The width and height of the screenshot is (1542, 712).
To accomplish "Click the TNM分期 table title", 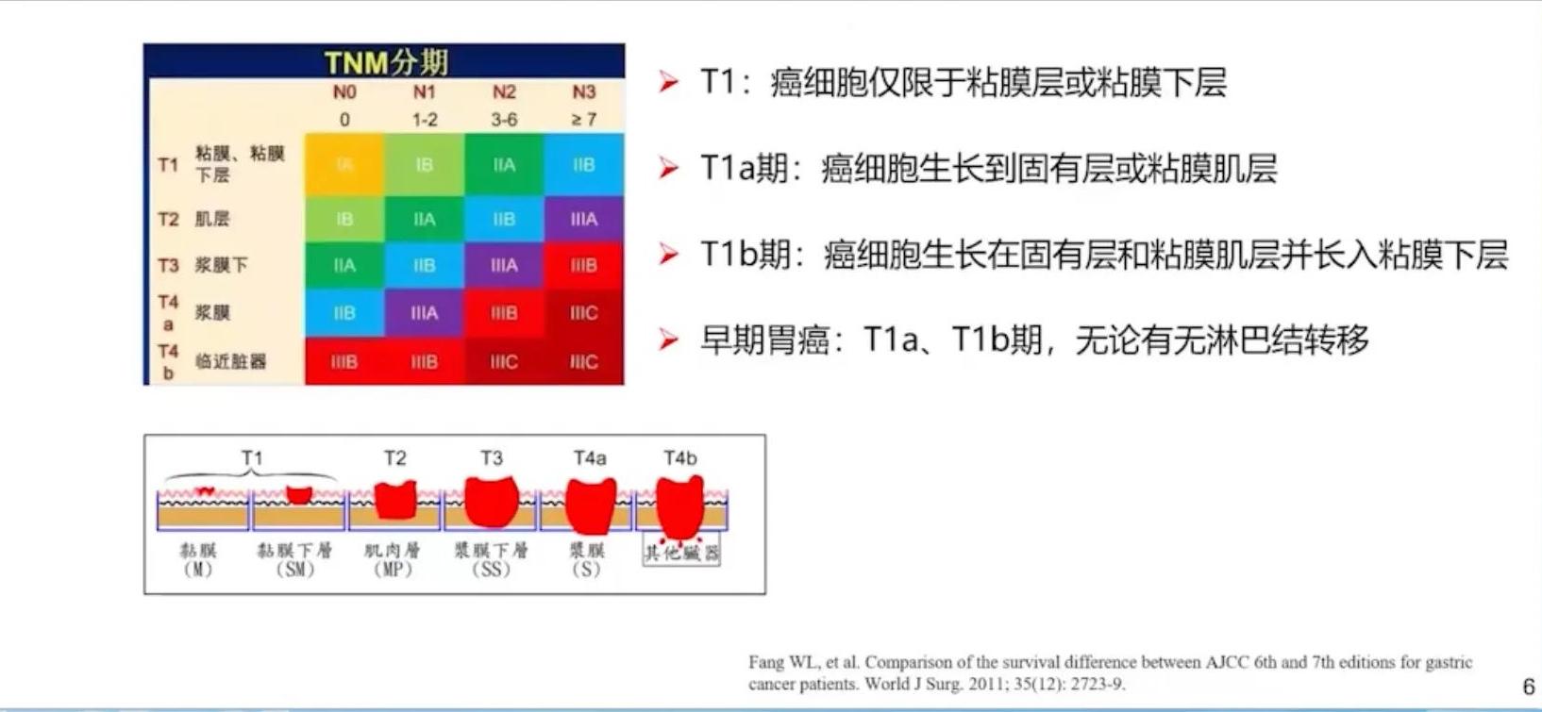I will click(385, 62).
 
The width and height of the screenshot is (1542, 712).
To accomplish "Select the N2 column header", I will click(504, 92).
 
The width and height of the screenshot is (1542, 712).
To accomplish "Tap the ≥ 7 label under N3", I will click(583, 120).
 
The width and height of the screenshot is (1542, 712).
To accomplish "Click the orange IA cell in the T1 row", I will click(344, 165).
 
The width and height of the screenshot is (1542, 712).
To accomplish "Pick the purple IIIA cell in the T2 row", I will click(583, 219).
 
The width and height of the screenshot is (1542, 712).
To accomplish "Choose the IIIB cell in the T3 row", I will click(583, 266).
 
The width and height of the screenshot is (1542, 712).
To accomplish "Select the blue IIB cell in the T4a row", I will click(344, 313).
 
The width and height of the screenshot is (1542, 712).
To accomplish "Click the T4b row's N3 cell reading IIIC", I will click(583, 362).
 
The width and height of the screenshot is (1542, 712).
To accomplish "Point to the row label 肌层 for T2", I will click(212, 219).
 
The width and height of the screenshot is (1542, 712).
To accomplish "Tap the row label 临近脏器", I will click(230, 361).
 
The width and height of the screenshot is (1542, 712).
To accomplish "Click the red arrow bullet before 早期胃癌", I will click(668, 339).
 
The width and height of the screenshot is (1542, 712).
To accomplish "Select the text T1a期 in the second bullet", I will click(744, 169).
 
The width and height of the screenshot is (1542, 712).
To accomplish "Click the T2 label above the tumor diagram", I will click(394, 458).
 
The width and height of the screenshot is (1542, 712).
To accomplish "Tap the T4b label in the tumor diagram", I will click(679, 458).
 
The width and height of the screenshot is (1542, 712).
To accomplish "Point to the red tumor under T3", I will click(492, 502).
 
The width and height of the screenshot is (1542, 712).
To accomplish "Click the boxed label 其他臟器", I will click(681, 553).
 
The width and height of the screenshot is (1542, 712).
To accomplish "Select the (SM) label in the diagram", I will click(294, 570).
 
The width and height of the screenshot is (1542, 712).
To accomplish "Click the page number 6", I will click(1528, 687).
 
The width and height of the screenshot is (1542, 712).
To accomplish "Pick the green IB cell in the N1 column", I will click(425, 165).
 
